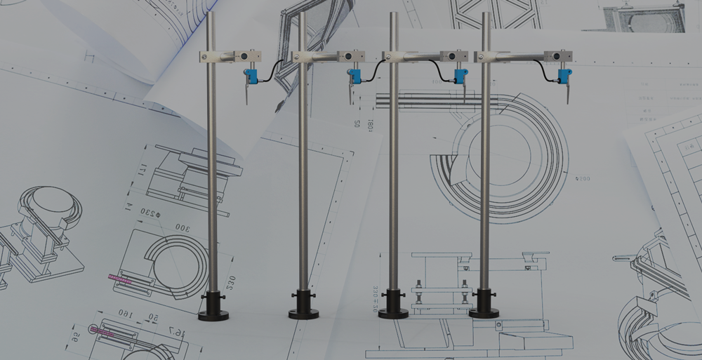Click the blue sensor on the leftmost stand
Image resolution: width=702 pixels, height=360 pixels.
click(x=249, y=74)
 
